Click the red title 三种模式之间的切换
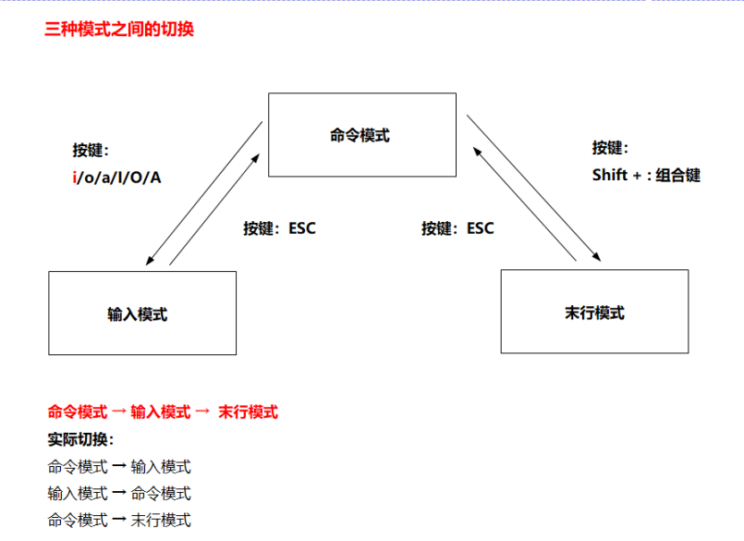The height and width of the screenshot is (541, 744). pyautogui.click(x=119, y=29)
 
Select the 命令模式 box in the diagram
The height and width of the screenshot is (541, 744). pyautogui.click(x=361, y=135)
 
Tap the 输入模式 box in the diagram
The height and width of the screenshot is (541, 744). pyautogui.click(x=142, y=314)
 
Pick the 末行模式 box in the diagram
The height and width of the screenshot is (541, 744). pyautogui.click(x=594, y=312)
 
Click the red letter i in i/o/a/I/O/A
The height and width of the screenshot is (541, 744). pyautogui.click(x=75, y=176)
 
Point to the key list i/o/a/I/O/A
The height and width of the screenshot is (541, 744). pyautogui.click(x=116, y=176)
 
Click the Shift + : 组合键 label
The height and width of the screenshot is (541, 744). pyautogui.click(x=645, y=175)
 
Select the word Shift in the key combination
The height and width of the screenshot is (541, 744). pyautogui.click(x=610, y=175)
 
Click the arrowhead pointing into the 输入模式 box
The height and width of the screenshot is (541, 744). pyautogui.click(x=150, y=263)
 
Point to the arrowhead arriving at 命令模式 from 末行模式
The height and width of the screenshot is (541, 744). pyautogui.click(x=474, y=148)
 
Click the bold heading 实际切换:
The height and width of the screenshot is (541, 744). pyautogui.click(x=80, y=439)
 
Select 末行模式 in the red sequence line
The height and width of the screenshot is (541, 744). pyautogui.click(x=248, y=412)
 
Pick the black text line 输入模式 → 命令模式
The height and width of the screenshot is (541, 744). pyautogui.click(x=119, y=493)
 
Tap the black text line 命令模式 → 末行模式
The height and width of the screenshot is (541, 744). pyautogui.click(x=119, y=520)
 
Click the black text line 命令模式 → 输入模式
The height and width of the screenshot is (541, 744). pyautogui.click(x=119, y=466)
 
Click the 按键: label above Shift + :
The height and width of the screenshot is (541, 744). pyautogui.click(x=609, y=148)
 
